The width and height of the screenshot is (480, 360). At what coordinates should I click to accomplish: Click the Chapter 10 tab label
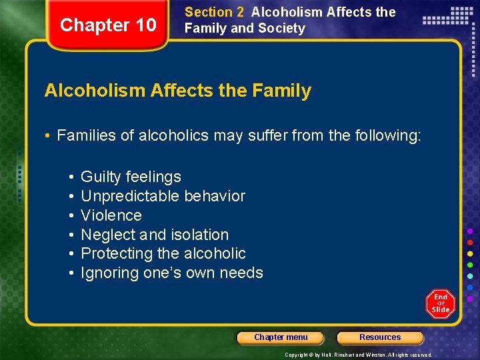pyautogui.click(x=108, y=25)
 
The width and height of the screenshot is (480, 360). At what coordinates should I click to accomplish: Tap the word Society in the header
pyautogui.click(x=283, y=28)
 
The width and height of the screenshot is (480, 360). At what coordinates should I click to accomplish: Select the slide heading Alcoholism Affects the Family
pyautogui.click(x=177, y=91)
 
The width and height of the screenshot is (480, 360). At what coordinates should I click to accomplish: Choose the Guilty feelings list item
pyautogui.click(x=131, y=177)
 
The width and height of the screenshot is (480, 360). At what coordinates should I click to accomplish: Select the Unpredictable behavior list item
pyautogui.click(x=163, y=196)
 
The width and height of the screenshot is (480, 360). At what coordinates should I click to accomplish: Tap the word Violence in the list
pyautogui.click(x=111, y=215)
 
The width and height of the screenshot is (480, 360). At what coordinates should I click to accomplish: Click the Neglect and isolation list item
pyautogui.click(x=155, y=235)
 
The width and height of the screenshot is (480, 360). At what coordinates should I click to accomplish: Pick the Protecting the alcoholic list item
pyautogui.click(x=163, y=253)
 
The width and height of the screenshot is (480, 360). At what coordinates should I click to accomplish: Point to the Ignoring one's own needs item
pyautogui.click(x=172, y=273)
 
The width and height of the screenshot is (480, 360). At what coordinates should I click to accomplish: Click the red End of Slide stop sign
pyautogui.click(x=441, y=303)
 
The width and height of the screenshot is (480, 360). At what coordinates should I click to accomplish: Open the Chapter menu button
pyautogui.click(x=281, y=337)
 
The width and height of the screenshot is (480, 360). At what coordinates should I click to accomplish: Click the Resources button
pyautogui.click(x=380, y=337)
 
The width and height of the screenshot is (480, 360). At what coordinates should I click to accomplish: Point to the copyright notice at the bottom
pyautogui.click(x=358, y=355)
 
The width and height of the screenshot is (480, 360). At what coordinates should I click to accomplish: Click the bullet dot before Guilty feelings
pyautogui.click(x=70, y=177)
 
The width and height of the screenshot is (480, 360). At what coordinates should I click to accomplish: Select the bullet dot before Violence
pyautogui.click(x=70, y=216)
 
